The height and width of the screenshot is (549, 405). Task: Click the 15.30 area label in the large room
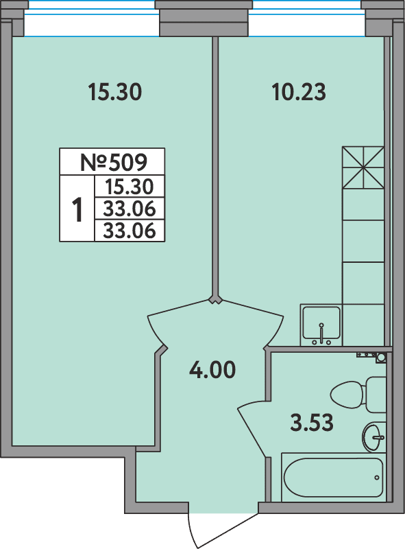pyautogui.click(x=115, y=92)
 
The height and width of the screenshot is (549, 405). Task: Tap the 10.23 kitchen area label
pyautogui.click(x=299, y=92)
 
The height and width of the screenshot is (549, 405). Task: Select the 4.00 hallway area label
pyautogui.click(x=212, y=370)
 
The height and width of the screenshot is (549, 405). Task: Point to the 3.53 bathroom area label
pyautogui.click(x=312, y=422)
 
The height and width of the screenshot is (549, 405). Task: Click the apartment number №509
pyautogui.click(x=114, y=162)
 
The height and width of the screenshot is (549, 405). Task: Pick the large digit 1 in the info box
pyautogui.click(x=77, y=209)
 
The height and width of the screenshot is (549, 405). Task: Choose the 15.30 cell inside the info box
pyautogui.click(x=130, y=187)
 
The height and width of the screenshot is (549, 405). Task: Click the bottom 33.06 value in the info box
pyautogui.click(x=130, y=231)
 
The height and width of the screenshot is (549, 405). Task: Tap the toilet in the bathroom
pyautogui.click(x=358, y=395)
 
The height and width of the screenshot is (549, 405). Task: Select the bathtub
pyautogui.click(x=333, y=477)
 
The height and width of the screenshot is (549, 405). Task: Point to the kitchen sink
pyautogui.click(x=321, y=325)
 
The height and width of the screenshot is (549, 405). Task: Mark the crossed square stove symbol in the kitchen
pyautogui.click(x=363, y=167)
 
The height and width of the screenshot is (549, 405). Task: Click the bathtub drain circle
pyautogui.click(x=377, y=478)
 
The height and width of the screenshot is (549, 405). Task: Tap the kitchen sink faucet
pyautogui.click(x=322, y=332)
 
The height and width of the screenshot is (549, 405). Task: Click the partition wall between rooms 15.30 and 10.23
pyautogui.click(x=216, y=168)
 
